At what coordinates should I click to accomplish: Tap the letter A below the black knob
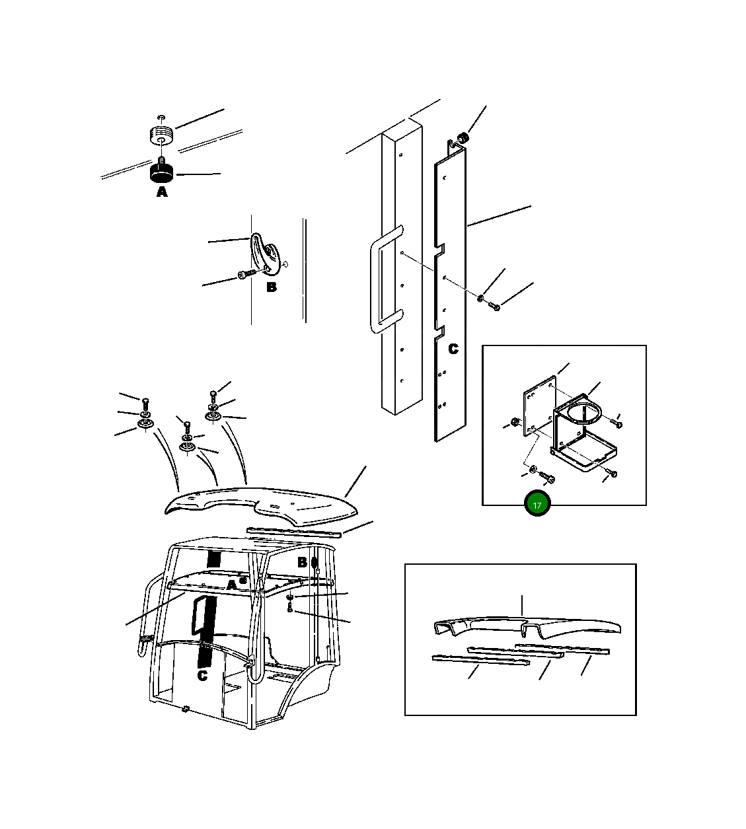162,192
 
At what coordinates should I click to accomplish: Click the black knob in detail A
161,173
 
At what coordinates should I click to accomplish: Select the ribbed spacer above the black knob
161,135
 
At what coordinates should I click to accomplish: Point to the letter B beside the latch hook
272,287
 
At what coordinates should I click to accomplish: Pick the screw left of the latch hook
246,273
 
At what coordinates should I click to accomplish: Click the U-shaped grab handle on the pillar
383,279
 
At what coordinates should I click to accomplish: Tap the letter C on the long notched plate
453,349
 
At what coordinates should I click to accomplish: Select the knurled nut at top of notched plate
463,138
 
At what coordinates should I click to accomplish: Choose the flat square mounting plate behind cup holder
540,406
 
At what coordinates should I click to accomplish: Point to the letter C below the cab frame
202,676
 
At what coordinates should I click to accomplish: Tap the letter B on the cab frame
302,562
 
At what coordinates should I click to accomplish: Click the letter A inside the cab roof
232,585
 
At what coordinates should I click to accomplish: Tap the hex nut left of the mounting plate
515,422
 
